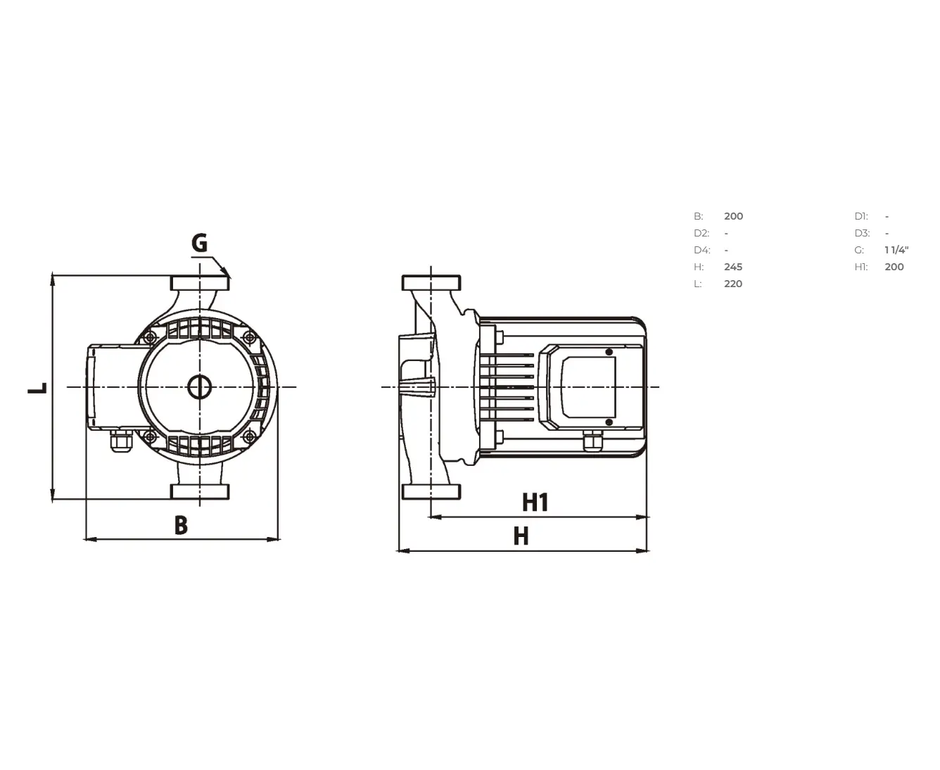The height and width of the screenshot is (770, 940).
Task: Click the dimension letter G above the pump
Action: click(x=199, y=243)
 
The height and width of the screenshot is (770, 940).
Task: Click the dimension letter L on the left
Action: click(x=38, y=388)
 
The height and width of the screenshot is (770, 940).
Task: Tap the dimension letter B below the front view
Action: click(x=181, y=525)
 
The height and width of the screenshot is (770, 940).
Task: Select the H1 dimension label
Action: click(x=535, y=502)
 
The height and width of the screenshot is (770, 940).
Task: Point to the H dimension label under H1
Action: click(x=521, y=536)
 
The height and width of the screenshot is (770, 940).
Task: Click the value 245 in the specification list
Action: click(x=733, y=267)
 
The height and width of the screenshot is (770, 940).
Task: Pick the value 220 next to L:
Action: click(x=733, y=284)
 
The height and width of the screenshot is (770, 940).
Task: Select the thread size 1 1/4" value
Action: click(x=896, y=250)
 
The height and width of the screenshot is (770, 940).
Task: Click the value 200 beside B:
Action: click(x=734, y=216)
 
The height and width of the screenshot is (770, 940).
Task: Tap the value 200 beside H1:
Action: click(x=894, y=267)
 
